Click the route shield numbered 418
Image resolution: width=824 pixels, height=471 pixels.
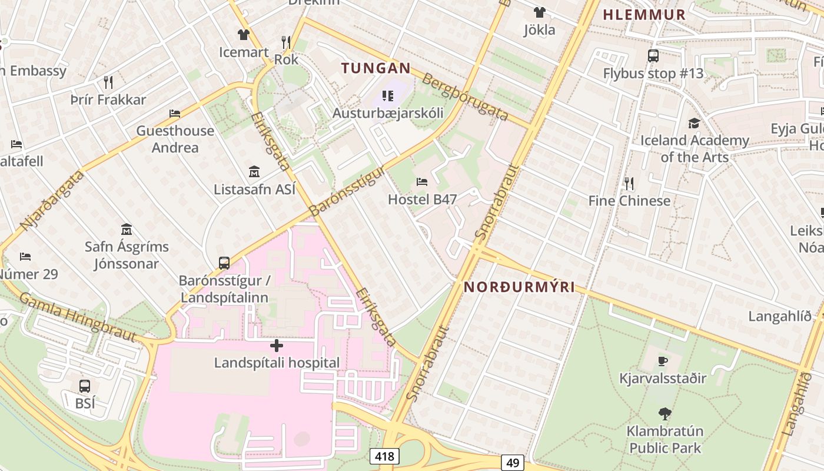[x=385, y=456]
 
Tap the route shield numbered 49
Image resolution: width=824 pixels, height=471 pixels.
[x=513, y=463]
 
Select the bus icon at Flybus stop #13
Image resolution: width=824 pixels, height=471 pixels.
[x=653, y=56]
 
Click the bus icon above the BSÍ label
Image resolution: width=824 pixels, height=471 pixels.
[x=85, y=386]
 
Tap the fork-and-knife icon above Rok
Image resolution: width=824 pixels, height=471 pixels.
[x=286, y=42]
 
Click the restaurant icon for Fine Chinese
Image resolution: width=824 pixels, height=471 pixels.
[x=629, y=184]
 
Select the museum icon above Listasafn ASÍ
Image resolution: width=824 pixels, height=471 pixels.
[x=254, y=172]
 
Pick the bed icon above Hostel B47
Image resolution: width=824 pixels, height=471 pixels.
[x=421, y=182]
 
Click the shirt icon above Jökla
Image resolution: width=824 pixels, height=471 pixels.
[x=539, y=12]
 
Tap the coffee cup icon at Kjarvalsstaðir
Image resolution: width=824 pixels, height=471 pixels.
[x=663, y=361]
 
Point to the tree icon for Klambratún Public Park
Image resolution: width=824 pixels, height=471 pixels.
[x=665, y=414]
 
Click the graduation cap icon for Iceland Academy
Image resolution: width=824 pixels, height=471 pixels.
[x=695, y=123]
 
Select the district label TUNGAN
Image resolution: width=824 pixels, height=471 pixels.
[x=376, y=68]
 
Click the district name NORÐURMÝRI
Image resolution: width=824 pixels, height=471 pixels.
[x=519, y=287]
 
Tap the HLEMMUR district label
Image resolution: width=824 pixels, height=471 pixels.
[x=644, y=15]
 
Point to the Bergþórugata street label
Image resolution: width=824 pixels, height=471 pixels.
[x=465, y=97]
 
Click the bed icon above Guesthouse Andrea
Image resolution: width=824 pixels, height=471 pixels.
[x=175, y=114]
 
